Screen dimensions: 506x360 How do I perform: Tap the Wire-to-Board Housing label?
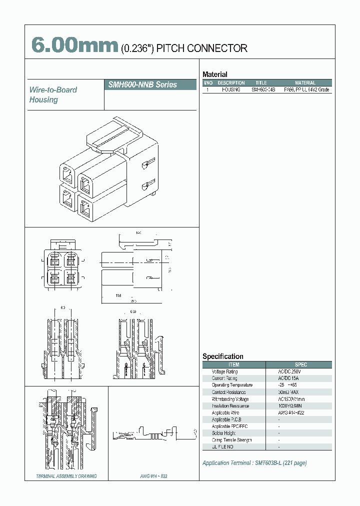point(53,94)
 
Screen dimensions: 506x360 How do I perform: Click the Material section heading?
point(214,74)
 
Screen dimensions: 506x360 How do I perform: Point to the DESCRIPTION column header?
point(231,83)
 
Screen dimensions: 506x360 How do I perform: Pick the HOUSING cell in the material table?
point(231,89)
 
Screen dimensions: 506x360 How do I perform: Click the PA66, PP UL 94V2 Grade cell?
point(306,89)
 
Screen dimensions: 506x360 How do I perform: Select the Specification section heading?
point(222,356)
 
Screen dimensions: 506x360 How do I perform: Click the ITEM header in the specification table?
point(233,365)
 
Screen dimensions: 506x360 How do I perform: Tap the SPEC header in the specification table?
point(301,365)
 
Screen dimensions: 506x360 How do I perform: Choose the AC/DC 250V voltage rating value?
point(290,372)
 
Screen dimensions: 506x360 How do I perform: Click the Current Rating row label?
point(224,378)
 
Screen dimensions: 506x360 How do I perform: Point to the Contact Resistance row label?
point(228,392)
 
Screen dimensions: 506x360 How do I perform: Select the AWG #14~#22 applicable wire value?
point(292,412)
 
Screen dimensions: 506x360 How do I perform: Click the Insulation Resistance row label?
point(230,405)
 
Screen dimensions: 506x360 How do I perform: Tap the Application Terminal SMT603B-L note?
point(254,463)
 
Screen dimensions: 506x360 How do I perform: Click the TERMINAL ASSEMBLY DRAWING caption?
point(66,476)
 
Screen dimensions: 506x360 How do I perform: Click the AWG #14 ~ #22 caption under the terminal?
point(154,476)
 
